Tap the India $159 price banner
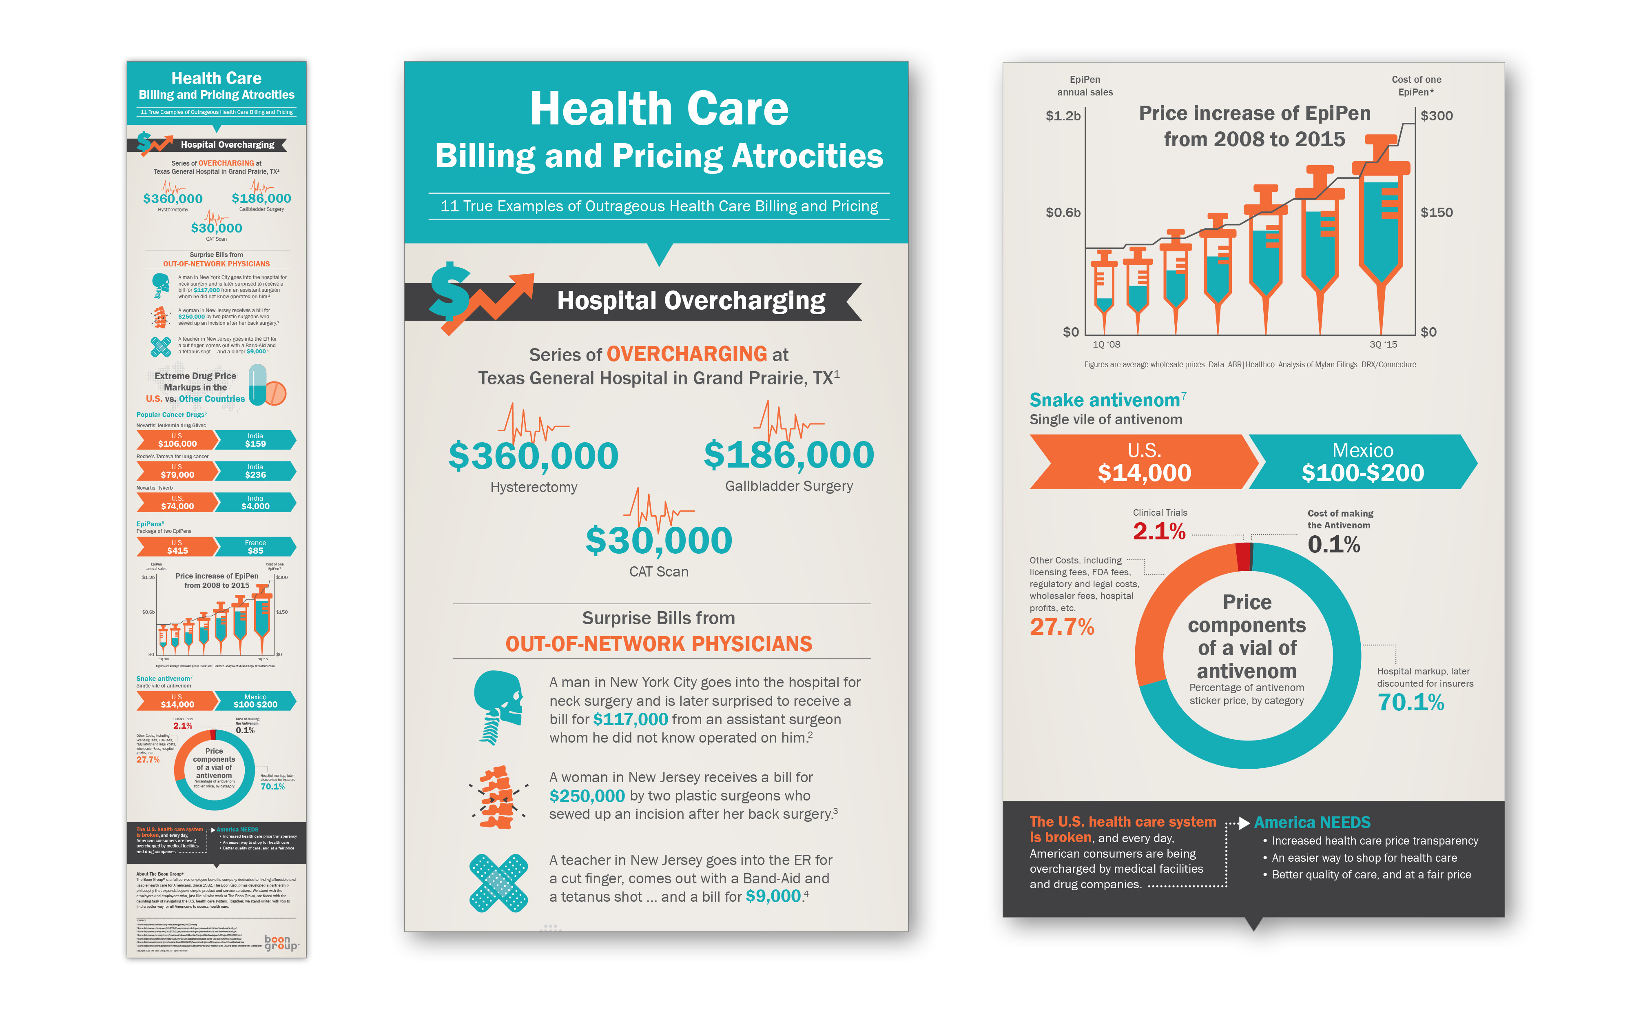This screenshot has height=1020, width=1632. (x=256, y=440)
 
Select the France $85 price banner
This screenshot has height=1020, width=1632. (x=256, y=546)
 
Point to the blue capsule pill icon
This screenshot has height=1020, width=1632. (x=258, y=384)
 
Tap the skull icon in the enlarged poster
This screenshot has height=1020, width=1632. (x=498, y=706)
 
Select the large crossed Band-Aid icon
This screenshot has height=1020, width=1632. (x=498, y=883)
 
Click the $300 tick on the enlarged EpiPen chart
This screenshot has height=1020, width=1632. (x=1437, y=116)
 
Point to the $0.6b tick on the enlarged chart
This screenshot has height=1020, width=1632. (x=1063, y=213)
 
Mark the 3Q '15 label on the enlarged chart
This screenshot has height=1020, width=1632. (x=1383, y=345)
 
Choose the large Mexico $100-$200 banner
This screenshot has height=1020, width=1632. (x=1362, y=462)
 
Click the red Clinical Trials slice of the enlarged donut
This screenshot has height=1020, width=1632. (x=1243, y=557)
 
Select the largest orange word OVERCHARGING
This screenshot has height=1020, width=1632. (x=686, y=354)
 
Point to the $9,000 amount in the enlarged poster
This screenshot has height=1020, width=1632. (x=773, y=896)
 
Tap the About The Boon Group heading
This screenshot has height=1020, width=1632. (x=160, y=874)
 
